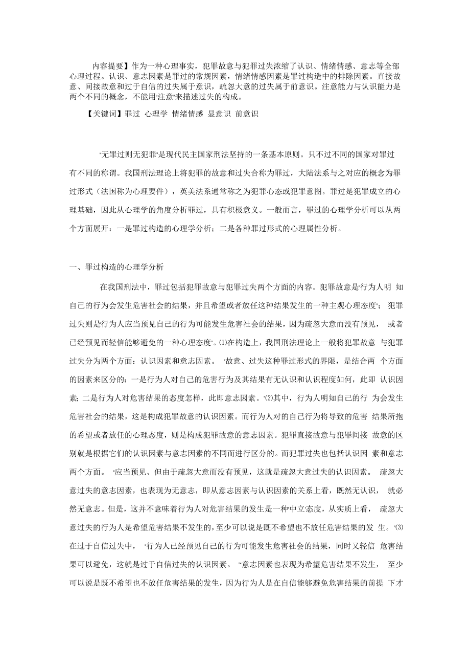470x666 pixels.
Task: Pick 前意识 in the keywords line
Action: [246, 114]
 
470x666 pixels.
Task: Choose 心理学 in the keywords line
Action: [156, 114]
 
